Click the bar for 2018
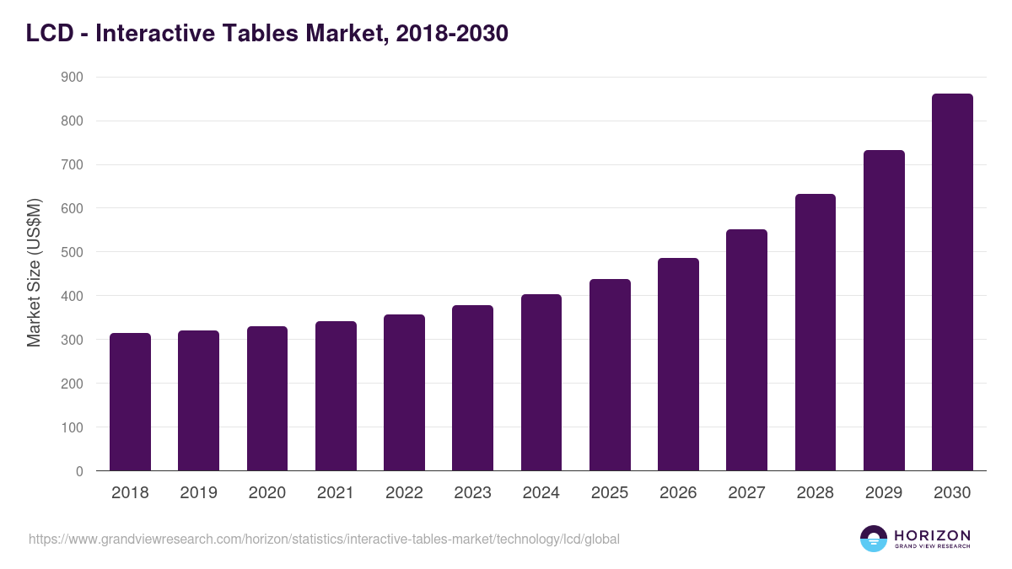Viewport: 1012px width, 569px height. coord(130,402)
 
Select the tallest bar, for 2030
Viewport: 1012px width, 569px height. coord(952,282)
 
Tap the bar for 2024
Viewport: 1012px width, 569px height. coord(541,383)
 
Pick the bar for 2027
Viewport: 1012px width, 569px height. coord(746,350)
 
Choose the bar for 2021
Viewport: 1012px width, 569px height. coord(336,396)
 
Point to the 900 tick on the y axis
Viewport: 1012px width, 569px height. coord(73,78)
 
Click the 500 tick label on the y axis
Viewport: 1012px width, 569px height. coord(73,252)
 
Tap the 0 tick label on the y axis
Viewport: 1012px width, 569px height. coord(79,471)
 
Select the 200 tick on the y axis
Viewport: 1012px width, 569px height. coord(73,384)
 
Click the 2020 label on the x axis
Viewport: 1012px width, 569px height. coord(267,493)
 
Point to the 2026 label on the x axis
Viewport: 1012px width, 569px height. coord(678,493)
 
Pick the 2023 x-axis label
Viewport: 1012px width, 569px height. coord(472,493)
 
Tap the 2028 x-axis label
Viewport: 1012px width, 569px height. coord(816,493)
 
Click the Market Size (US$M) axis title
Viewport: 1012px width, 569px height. coord(35,273)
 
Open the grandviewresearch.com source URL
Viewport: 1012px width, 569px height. coord(324,539)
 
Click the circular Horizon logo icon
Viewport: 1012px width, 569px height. coord(874,539)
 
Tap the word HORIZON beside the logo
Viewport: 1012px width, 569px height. coord(932,535)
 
